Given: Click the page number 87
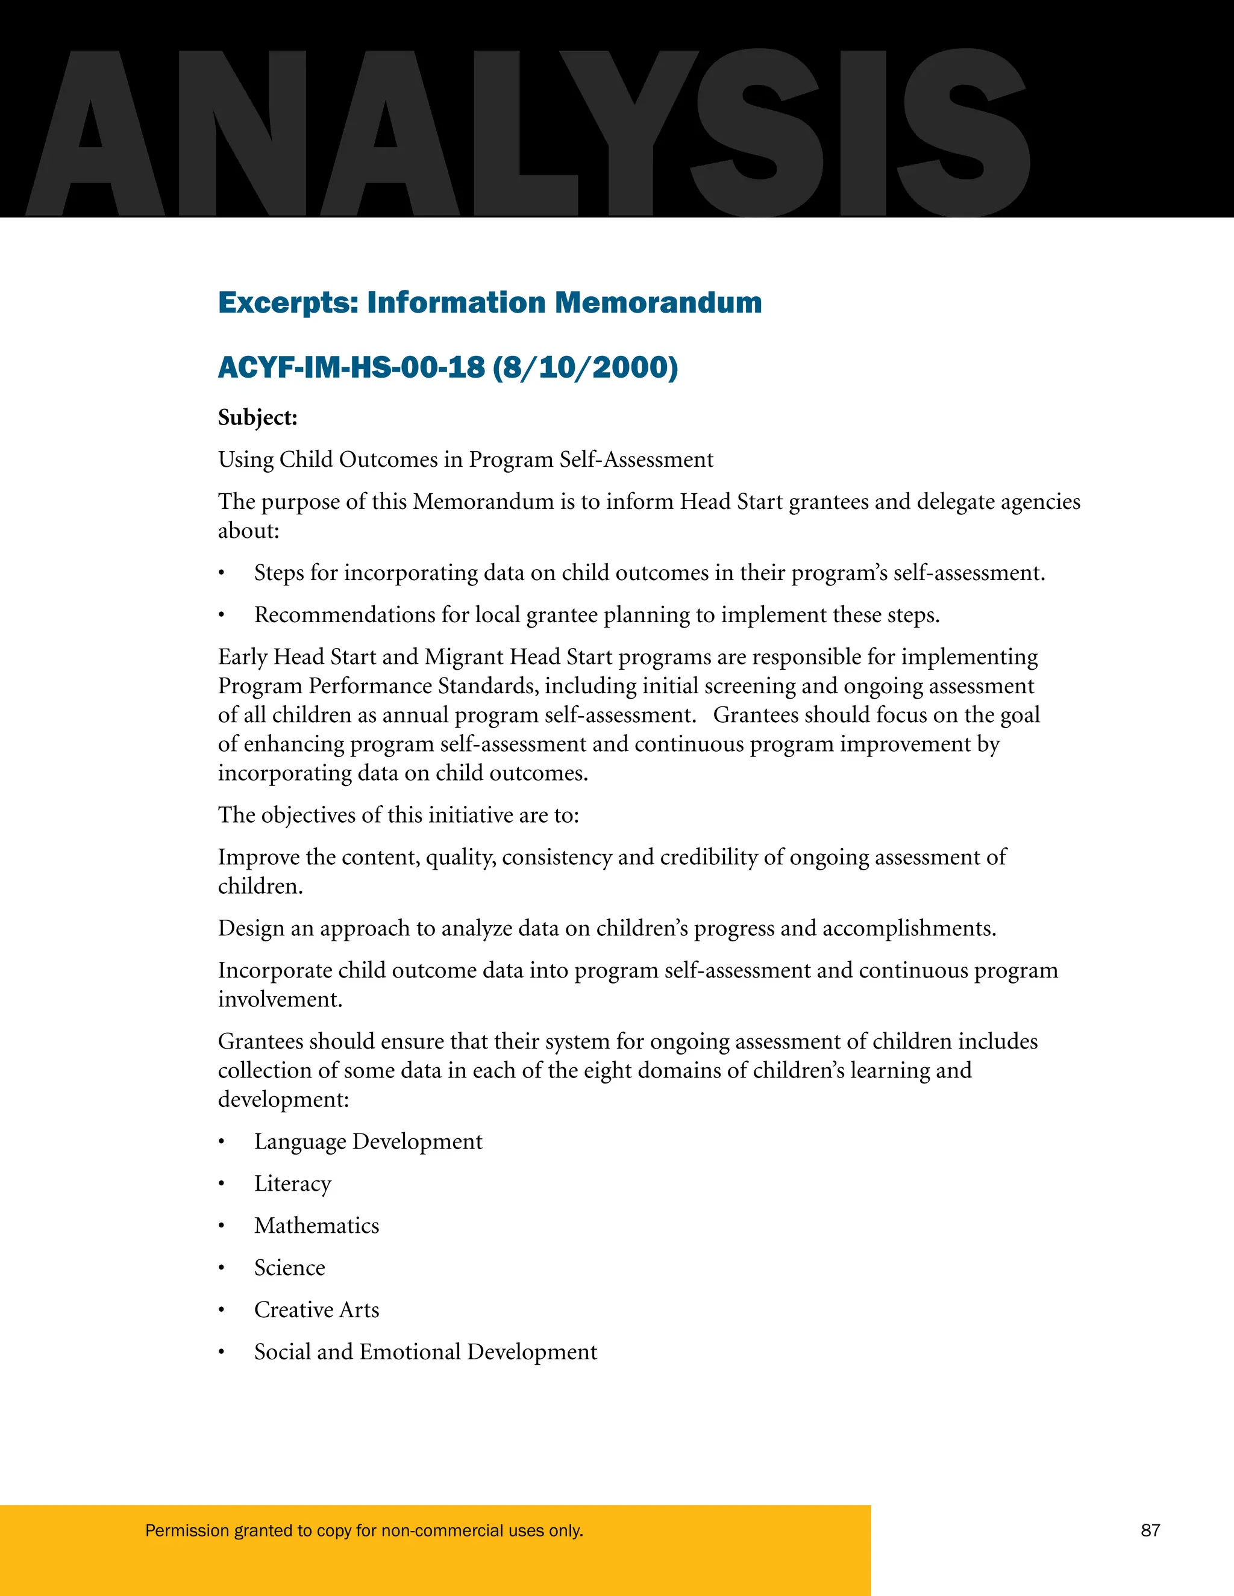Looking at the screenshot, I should click(1150, 1530).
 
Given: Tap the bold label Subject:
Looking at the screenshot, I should click(258, 417).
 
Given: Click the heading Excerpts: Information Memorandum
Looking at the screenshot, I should click(490, 302).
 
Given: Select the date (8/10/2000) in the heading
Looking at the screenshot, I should click(586, 367).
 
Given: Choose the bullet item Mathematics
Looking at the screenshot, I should click(316, 1226).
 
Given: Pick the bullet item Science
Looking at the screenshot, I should click(289, 1268).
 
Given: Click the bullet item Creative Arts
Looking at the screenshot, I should click(316, 1309).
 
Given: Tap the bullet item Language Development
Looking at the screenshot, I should click(368, 1141).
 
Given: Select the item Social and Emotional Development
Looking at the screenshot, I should click(425, 1352).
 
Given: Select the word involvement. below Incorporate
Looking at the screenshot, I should click(280, 999).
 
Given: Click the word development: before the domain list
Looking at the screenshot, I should click(284, 1099).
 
